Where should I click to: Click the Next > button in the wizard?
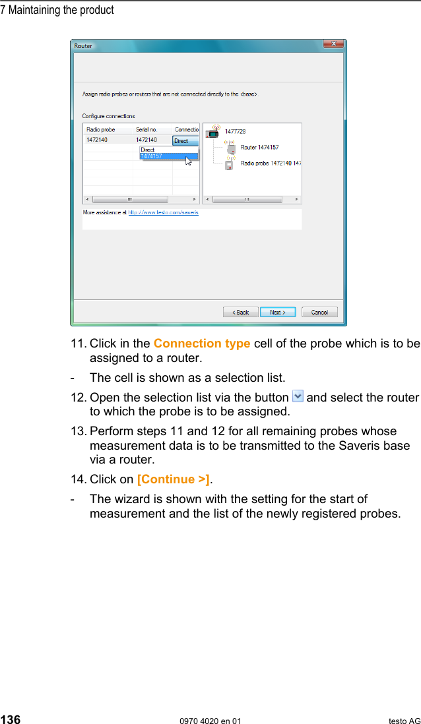pyautogui.click(x=277, y=312)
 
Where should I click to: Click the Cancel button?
pyautogui.click(x=319, y=312)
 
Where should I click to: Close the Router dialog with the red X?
pyautogui.click(x=333, y=45)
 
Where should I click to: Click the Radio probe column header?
pyautogui.click(x=101, y=130)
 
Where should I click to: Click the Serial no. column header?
pyautogui.click(x=146, y=130)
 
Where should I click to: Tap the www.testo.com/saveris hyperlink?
pyautogui.click(x=163, y=212)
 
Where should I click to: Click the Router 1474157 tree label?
pyautogui.click(x=259, y=147)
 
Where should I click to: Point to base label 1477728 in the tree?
pyautogui.click(x=235, y=131)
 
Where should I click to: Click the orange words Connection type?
pyautogui.click(x=201, y=344)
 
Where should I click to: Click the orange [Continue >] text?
pyautogui.click(x=173, y=479)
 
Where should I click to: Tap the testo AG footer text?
pyautogui.click(x=404, y=721)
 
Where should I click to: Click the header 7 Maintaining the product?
pyautogui.click(x=57, y=10)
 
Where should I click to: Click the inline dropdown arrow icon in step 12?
pyautogui.click(x=298, y=396)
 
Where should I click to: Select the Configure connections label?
pyautogui.click(x=108, y=116)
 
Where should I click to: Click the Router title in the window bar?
pyautogui.click(x=83, y=46)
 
